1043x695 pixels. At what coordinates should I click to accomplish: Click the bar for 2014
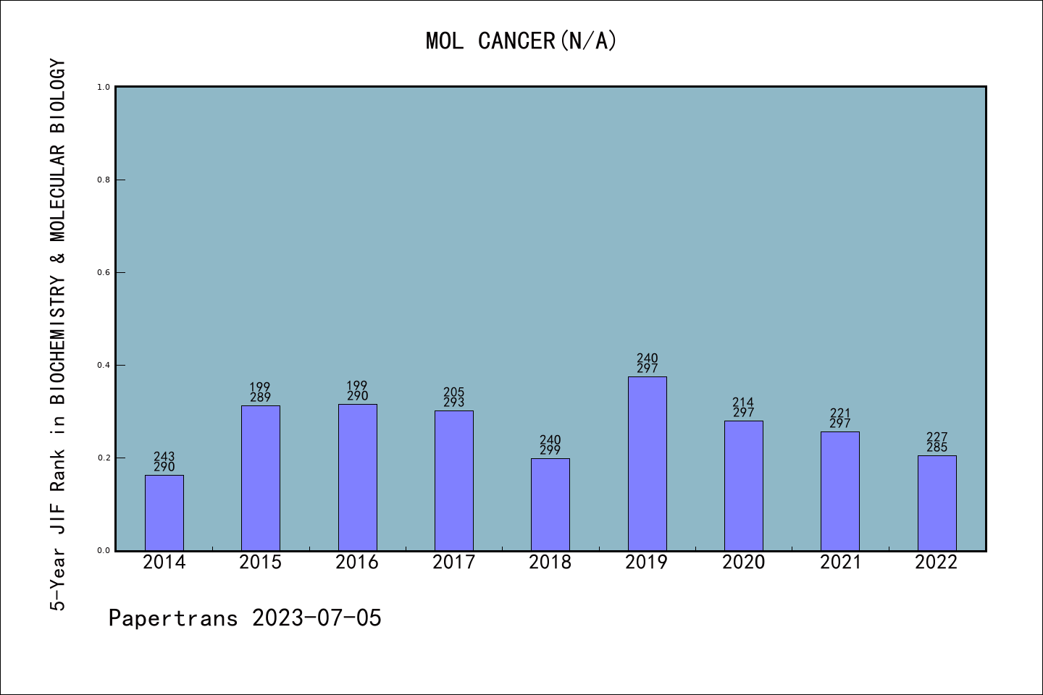point(164,513)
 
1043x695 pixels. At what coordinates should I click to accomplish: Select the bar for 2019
point(647,463)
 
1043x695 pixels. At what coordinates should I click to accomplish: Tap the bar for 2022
point(937,502)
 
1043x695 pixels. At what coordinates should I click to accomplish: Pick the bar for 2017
point(454,481)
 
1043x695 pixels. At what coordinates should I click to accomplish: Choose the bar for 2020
point(743,485)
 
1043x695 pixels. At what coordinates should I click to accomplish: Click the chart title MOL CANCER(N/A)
point(521,41)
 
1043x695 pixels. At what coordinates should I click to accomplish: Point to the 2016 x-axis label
point(357,562)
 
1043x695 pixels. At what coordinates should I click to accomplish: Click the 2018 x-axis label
point(550,562)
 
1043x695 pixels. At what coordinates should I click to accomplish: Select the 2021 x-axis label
point(840,562)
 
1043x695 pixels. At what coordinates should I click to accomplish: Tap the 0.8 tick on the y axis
point(104,180)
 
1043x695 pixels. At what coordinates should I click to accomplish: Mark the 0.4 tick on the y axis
point(104,365)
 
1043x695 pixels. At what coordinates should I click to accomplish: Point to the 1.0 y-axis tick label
point(104,87)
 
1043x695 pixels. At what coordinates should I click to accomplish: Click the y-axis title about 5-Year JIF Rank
point(58,334)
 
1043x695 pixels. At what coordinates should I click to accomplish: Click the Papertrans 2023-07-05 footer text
point(245,618)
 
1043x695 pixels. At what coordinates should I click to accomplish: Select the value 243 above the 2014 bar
point(164,457)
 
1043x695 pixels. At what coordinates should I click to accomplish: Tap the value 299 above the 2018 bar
point(550,450)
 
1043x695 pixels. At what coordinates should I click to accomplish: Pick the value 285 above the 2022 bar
point(937,447)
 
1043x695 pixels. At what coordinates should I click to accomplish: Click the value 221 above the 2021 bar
point(840,413)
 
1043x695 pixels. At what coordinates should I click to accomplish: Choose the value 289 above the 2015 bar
point(261,397)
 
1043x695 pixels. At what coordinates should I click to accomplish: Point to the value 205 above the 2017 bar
point(454,392)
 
